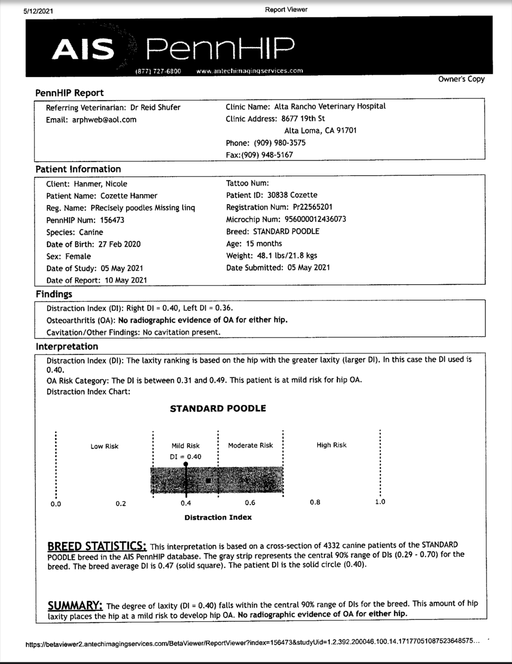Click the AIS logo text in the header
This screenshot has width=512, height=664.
click(x=83, y=49)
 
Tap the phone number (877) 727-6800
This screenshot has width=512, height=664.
click(x=158, y=71)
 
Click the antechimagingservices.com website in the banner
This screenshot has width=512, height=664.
click(x=250, y=71)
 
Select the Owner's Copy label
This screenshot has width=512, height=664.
click(x=461, y=79)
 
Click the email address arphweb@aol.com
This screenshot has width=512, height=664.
click(x=104, y=120)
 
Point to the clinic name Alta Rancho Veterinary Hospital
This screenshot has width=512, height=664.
click(x=330, y=106)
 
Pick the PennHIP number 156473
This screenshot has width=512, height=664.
click(x=112, y=220)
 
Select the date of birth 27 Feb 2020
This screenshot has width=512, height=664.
click(x=119, y=244)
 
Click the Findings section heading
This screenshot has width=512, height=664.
click(x=54, y=294)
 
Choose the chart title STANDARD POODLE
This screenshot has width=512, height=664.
click(x=218, y=408)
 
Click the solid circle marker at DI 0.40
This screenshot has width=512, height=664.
click(x=186, y=464)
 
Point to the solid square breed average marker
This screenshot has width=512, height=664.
click(x=209, y=481)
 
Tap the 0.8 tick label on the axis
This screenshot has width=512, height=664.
click(x=315, y=502)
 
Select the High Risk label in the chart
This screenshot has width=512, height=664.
click(x=331, y=445)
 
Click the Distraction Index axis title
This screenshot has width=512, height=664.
click(x=218, y=518)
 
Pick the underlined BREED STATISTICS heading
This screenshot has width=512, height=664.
click(x=97, y=546)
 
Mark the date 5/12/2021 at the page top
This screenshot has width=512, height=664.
click(x=39, y=11)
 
